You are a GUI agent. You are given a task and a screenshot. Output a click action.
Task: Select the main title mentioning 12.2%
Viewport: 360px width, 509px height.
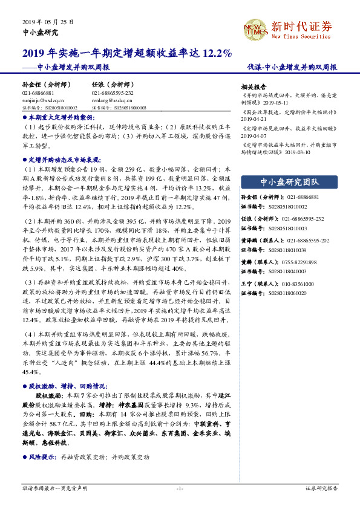pos(127,53)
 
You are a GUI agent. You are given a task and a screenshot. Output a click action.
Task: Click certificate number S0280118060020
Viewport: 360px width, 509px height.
pos(286,276)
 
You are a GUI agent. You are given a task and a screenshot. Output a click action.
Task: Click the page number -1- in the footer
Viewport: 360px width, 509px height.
pos(180,487)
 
